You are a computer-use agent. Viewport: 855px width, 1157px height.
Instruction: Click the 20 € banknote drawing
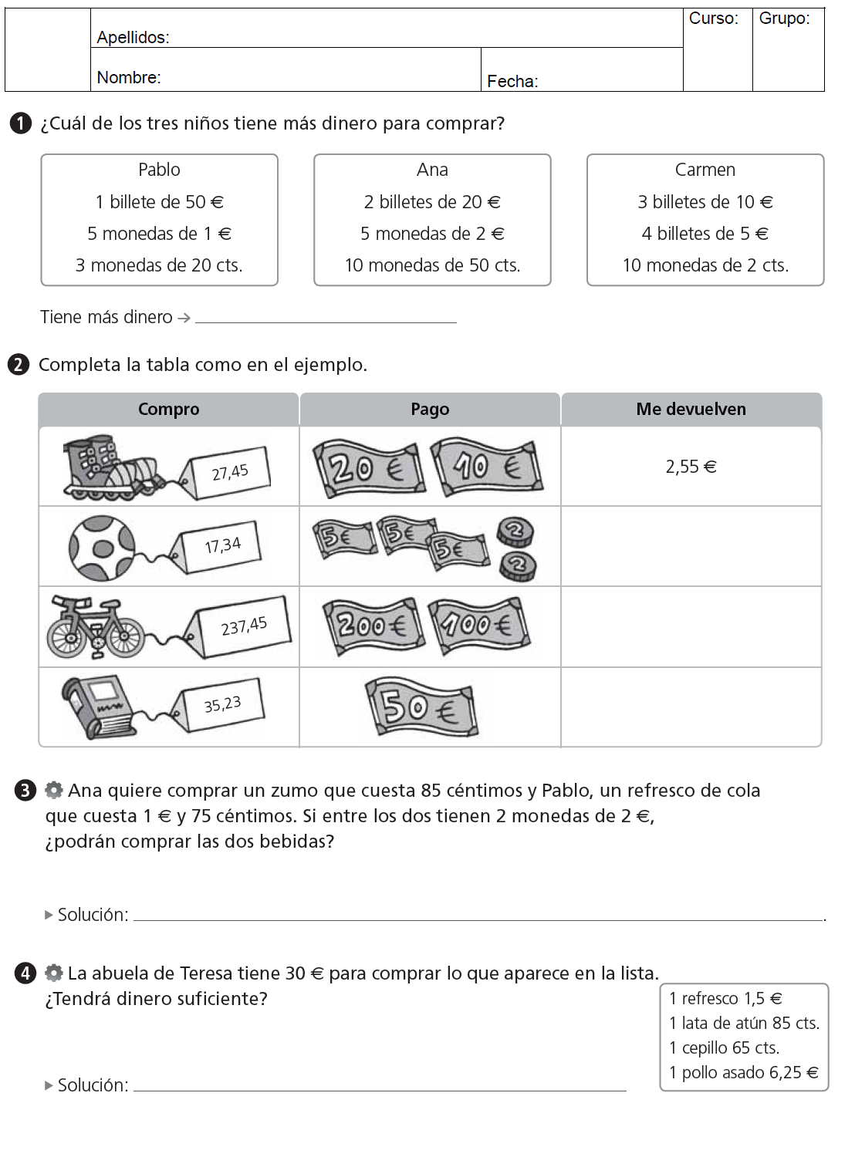[368, 467]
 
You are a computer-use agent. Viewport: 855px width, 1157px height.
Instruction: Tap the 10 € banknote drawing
[486, 467]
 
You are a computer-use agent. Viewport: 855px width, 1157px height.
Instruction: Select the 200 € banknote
[373, 625]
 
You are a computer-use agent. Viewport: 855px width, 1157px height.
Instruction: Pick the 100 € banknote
[479, 625]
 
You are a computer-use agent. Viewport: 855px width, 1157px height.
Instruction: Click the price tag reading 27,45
[229, 471]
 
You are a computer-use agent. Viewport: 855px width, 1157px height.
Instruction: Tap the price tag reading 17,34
[221, 546]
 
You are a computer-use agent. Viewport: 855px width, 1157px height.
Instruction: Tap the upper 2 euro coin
[515, 530]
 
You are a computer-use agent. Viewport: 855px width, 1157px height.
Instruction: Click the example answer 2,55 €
[691, 467]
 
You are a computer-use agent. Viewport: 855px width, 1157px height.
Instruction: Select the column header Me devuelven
[691, 410]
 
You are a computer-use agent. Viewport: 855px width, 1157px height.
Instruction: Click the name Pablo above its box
[159, 170]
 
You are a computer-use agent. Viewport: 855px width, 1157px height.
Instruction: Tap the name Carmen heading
[705, 170]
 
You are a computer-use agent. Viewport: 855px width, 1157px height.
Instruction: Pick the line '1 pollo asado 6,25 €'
[743, 1072]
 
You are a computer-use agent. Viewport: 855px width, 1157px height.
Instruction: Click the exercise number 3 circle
[25, 791]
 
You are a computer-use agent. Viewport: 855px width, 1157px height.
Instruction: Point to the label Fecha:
[512, 81]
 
